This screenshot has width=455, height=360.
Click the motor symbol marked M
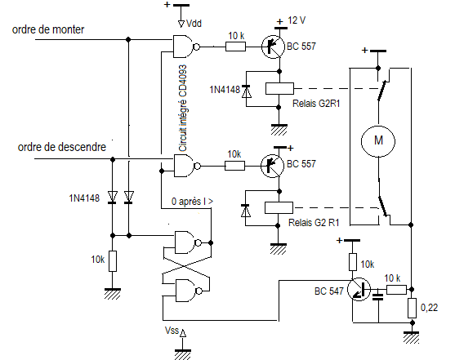[x=378, y=141]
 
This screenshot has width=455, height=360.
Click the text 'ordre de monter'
[x=48, y=29]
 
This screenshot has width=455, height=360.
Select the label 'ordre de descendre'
[x=62, y=147]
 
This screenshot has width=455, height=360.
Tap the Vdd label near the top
[x=194, y=23]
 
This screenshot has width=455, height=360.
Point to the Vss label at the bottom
[x=172, y=330]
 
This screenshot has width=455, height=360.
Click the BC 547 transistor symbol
[x=359, y=289]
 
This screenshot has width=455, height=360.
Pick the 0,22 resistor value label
[x=429, y=308]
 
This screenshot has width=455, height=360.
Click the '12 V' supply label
[x=297, y=20]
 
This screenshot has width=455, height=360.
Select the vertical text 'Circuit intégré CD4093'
[x=182, y=108]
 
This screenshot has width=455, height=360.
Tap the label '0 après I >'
[x=192, y=201]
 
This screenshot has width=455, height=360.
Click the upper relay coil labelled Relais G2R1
[x=279, y=89]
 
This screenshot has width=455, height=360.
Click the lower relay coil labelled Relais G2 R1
[x=279, y=207]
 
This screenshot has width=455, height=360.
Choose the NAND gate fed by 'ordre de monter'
[x=186, y=47]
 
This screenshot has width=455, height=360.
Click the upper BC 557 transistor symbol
[x=273, y=47]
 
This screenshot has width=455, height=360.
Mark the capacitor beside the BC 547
[x=378, y=297]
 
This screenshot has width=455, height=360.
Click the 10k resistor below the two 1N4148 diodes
[x=113, y=261]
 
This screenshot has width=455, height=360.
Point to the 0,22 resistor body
[x=412, y=308]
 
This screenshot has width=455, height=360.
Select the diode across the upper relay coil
[x=247, y=91]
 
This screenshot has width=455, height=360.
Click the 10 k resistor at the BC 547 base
[x=396, y=290]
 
